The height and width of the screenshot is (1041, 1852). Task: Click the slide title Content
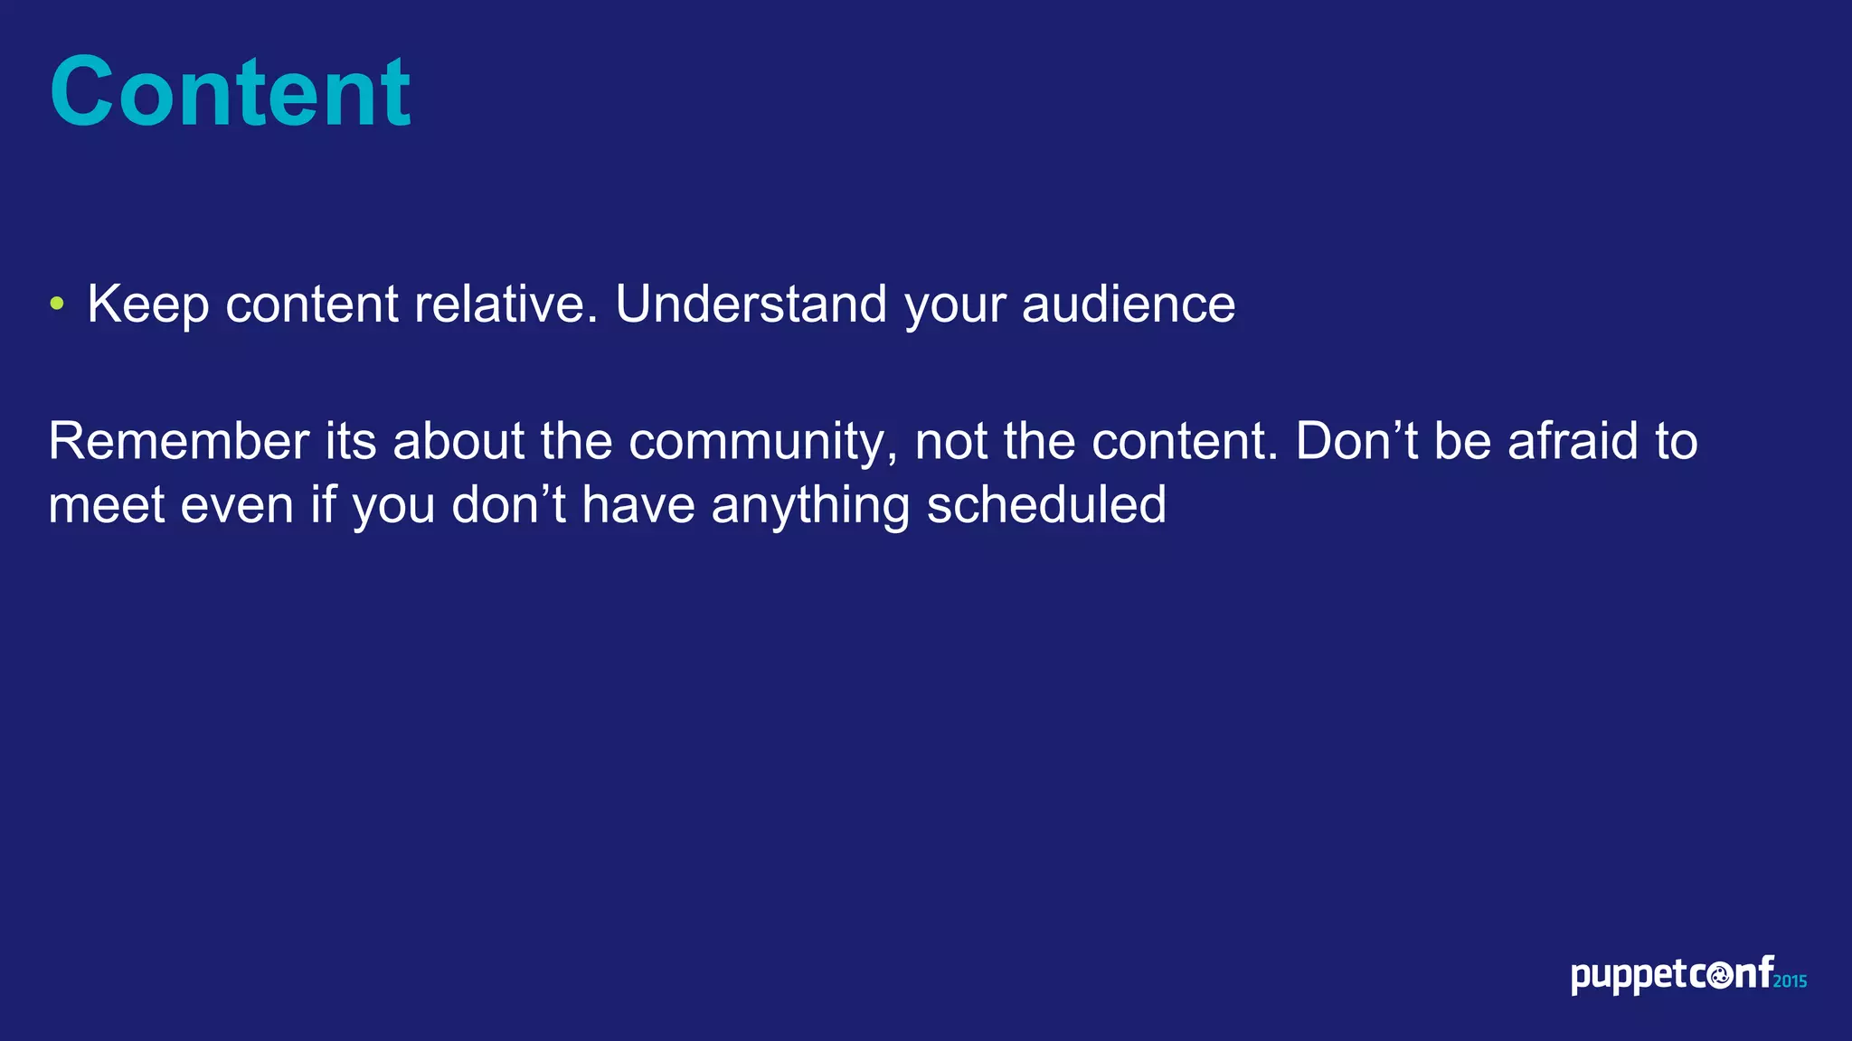click(231, 92)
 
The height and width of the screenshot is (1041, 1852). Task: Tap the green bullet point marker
click(57, 304)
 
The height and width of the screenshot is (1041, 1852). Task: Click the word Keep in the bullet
click(148, 305)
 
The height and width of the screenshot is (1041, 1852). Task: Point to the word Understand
click(751, 304)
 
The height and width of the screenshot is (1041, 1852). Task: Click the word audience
click(1128, 304)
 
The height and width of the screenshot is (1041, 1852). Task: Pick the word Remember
click(179, 441)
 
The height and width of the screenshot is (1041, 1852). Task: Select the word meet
click(106, 505)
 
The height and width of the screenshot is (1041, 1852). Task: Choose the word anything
click(809, 506)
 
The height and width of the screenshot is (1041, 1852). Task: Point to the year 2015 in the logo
click(1790, 981)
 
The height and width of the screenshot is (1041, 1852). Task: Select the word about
click(458, 441)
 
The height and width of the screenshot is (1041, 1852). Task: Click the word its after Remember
click(351, 441)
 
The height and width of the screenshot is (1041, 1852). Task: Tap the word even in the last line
click(237, 506)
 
